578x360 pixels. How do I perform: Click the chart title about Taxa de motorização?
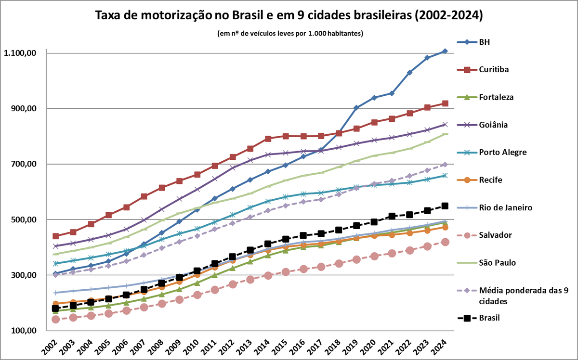point(289,15)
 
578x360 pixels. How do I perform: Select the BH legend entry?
point(485,42)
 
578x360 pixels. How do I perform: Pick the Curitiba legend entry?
point(494,69)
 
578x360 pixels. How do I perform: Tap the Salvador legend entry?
point(495,235)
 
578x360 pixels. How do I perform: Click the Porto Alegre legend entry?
point(502,152)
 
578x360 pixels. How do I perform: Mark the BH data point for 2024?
point(445,51)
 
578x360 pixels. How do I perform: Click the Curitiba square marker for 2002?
point(55,236)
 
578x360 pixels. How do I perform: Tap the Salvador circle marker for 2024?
point(445,242)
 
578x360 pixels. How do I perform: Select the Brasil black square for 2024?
point(445,206)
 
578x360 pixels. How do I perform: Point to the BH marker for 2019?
point(356,108)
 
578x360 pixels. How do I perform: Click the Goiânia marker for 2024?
point(445,125)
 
